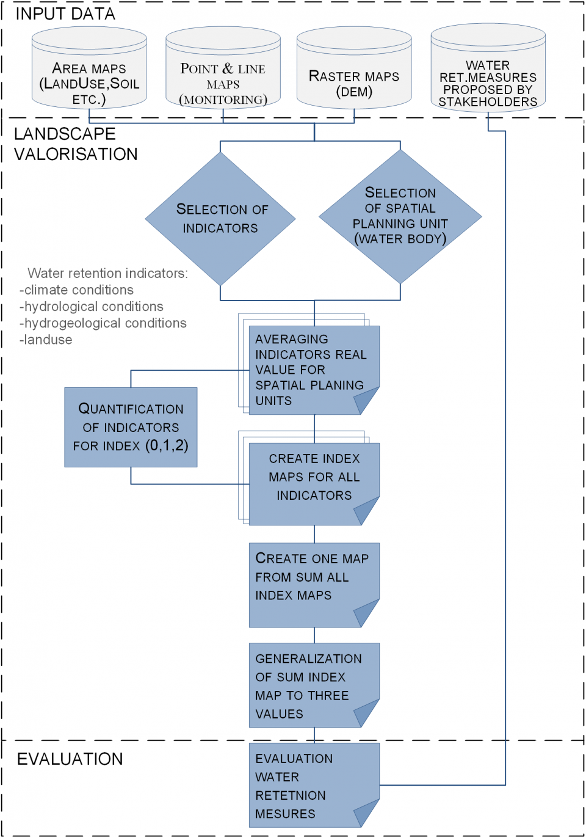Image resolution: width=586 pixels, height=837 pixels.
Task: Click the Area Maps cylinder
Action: (x=89, y=73)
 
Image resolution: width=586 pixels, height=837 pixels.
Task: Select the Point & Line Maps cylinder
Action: (x=223, y=73)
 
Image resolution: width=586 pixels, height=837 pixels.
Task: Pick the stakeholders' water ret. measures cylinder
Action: (x=488, y=73)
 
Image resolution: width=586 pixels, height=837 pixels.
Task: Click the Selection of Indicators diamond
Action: (x=220, y=218)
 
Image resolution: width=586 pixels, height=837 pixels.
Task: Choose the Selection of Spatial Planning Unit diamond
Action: (x=400, y=216)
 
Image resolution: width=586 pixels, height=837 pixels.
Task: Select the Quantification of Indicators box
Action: (x=131, y=427)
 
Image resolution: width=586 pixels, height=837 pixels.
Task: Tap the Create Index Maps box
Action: (x=314, y=483)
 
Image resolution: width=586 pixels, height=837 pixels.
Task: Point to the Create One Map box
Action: (x=314, y=583)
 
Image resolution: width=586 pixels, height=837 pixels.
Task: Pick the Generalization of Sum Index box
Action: (x=314, y=684)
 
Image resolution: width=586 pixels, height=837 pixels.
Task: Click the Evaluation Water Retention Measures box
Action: (x=314, y=784)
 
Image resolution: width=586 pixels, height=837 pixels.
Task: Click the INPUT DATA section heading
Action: (x=65, y=13)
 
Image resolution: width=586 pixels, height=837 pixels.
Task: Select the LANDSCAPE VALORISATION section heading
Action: (x=75, y=144)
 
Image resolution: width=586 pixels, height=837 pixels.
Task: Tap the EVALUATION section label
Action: (x=70, y=759)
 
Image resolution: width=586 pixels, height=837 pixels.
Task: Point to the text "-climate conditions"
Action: (x=76, y=290)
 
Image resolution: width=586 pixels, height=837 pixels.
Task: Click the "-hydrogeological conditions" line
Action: (x=103, y=323)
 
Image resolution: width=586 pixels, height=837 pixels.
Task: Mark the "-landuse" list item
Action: (x=46, y=340)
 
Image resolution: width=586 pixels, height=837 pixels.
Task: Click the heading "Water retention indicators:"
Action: (x=107, y=273)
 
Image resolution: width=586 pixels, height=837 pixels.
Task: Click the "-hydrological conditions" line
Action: (x=92, y=307)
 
